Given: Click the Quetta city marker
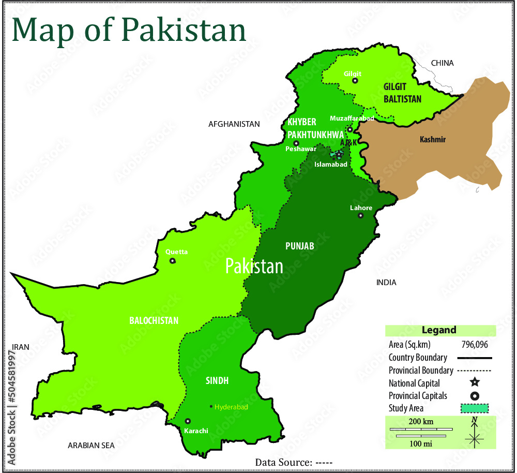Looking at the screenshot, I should pyautogui.click(x=172, y=261).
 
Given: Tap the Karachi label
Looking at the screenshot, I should pyautogui.click(x=196, y=431).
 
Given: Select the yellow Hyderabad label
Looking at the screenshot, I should pyautogui.click(x=231, y=407).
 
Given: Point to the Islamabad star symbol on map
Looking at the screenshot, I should pyautogui.click(x=339, y=154).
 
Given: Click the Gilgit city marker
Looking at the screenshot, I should pyautogui.click(x=355, y=81).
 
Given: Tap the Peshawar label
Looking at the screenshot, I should pyautogui.click(x=301, y=149).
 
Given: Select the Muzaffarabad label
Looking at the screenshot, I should pyautogui.click(x=352, y=119).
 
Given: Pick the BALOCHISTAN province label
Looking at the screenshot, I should pyautogui.click(x=154, y=321).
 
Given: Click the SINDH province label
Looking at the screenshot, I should pyautogui.click(x=217, y=381).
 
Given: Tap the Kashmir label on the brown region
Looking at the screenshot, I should pyautogui.click(x=433, y=140).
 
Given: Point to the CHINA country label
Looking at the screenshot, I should pyautogui.click(x=442, y=63).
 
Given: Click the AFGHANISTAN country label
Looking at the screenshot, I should pyautogui.click(x=234, y=124).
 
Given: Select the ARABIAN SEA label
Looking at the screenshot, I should pyautogui.click(x=92, y=445).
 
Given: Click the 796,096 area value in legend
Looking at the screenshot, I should pyautogui.click(x=475, y=345).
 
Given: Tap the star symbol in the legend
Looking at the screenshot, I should pyautogui.click(x=475, y=383).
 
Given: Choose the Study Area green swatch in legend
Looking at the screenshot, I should pyautogui.click(x=475, y=408).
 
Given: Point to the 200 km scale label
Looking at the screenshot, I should pyautogui.click(x=421, y=422).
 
